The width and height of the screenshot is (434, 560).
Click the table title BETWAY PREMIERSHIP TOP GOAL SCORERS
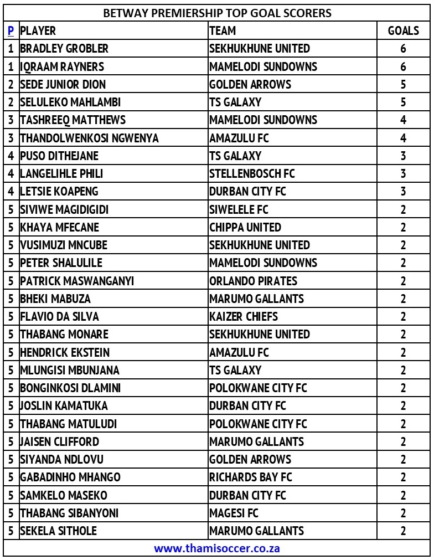coord(217,13)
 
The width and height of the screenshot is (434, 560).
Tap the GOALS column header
coord(403,31)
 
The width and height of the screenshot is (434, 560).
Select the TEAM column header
coord(223,31)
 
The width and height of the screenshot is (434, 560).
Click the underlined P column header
coord(11,31)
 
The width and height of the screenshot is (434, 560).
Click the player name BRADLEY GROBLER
coord(64,49)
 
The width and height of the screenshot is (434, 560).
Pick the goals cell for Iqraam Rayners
coord(403,66)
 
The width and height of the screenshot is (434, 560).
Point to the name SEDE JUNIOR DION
coord(63,84)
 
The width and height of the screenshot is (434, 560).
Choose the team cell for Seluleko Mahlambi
coord(235,102)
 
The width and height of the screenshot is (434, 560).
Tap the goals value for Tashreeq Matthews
coord(403,120)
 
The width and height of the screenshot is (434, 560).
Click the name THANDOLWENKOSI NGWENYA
coord(89,138)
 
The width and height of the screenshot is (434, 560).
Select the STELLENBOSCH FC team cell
coord(252,174)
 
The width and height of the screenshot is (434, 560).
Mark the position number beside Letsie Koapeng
coord(11,192)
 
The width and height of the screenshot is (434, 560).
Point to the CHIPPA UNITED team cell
coord(245,227)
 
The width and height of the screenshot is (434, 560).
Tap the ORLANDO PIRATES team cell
coord(253,281)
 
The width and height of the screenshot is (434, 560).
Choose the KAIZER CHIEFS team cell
coord(244,317)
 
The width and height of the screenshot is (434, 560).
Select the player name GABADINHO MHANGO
coord(70,477)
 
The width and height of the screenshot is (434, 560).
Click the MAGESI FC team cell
coord(234,513)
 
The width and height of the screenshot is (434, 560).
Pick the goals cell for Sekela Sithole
coord(403,531)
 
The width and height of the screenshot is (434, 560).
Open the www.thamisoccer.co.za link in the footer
coord(216,548)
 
